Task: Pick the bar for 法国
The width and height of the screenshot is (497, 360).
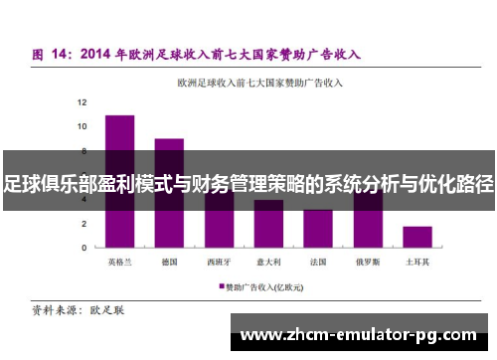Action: coord(318,229)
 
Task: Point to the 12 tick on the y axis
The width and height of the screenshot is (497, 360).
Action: coord(83,102)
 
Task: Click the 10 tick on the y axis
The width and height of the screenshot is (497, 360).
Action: coord(83,126)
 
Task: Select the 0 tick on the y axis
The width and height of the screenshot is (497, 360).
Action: coord(84,248)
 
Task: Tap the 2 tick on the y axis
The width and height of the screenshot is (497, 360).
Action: coord(84,223)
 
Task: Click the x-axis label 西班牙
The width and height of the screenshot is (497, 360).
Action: coord(219,262)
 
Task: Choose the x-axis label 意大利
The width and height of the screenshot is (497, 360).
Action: coord(268,262)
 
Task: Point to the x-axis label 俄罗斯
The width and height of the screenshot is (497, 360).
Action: coord(368,262)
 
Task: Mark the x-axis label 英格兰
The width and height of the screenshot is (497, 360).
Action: coord(120,262)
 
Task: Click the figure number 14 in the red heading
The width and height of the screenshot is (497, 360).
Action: coord(66,54)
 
